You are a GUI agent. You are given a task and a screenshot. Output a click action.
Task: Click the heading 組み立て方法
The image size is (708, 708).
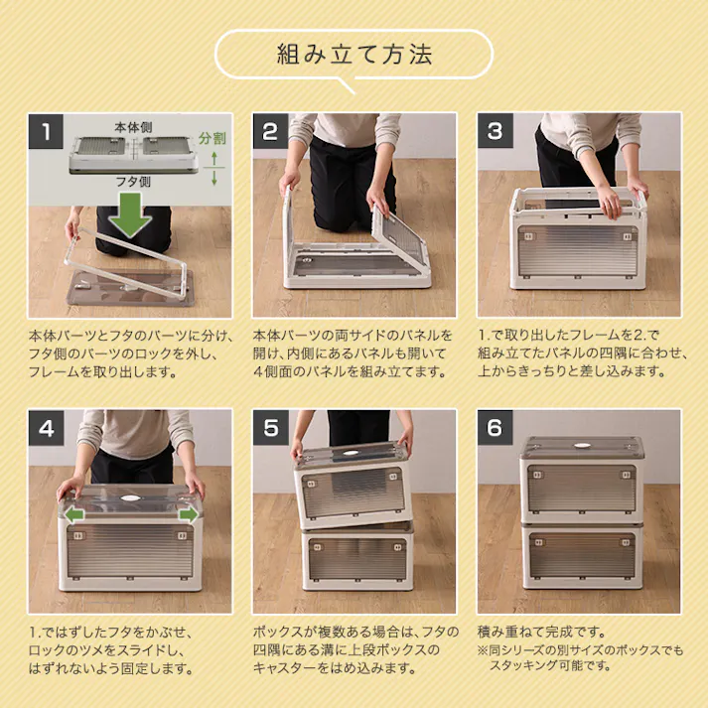[354, 54]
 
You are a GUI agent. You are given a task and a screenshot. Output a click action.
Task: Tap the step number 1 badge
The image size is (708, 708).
[46, 131]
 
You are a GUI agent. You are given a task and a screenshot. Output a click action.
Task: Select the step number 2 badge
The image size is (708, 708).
[270, 131]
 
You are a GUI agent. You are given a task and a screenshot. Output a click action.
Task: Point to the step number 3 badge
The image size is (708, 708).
[495, 131]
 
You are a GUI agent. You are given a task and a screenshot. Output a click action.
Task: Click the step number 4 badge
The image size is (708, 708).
[46, 429]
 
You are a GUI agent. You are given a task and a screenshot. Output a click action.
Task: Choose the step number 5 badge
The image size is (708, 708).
[270, 429]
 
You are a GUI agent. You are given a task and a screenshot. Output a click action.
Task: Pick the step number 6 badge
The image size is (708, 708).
[495, 429]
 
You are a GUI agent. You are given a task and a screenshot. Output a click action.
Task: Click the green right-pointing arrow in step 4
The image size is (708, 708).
[187, 514]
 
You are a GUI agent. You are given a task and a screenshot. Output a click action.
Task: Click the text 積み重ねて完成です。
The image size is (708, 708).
[541, 632]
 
